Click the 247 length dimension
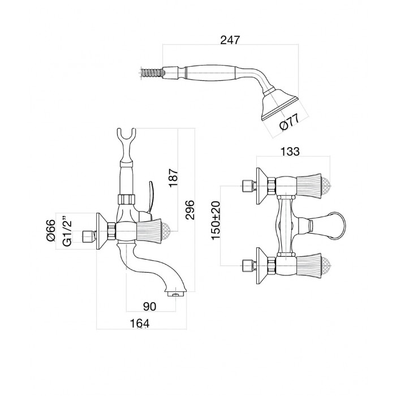pos(230,40)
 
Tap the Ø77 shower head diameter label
pos(290,122)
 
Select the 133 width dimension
pos(290,151)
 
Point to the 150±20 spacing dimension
pos(216,220)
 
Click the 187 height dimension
pos(174,178)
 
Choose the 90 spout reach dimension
pos(149,307)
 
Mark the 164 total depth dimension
pos(140,324)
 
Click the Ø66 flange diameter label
pos(51,230)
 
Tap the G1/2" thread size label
pos(67,230)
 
